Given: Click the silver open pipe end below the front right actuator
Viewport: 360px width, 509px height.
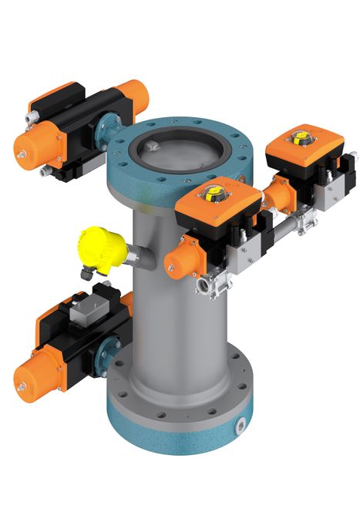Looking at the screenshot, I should (x=206, y=288).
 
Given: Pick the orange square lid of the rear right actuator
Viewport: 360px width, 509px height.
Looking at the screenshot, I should (x=304, y=143).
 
